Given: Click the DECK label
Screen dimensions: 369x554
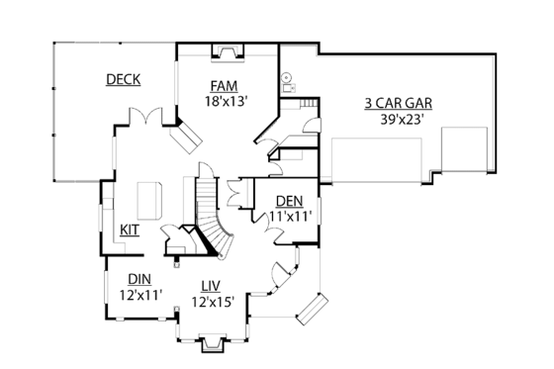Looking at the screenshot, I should coord(123,79).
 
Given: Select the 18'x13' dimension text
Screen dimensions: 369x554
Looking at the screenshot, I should coord(226,100).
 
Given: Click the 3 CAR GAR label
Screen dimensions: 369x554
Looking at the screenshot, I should coord(399,101).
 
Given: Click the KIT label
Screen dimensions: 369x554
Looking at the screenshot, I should coord(130,230).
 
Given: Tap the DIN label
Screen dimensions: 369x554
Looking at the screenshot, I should coord(139,279).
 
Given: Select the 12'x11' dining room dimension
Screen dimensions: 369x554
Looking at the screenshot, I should coord(139,294).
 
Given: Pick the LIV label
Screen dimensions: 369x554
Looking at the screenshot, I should coord(211,287).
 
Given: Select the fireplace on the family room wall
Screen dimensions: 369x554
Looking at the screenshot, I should coord(227,51).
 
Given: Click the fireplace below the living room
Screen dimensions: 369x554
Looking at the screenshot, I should coord(211,344).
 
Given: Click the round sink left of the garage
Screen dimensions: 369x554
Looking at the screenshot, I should coord(286,76).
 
